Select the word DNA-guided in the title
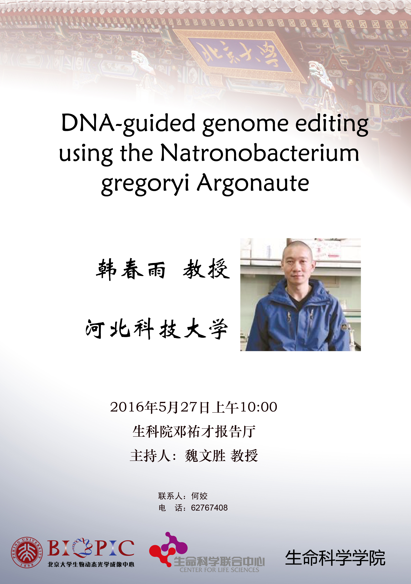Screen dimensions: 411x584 click(128, 123)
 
